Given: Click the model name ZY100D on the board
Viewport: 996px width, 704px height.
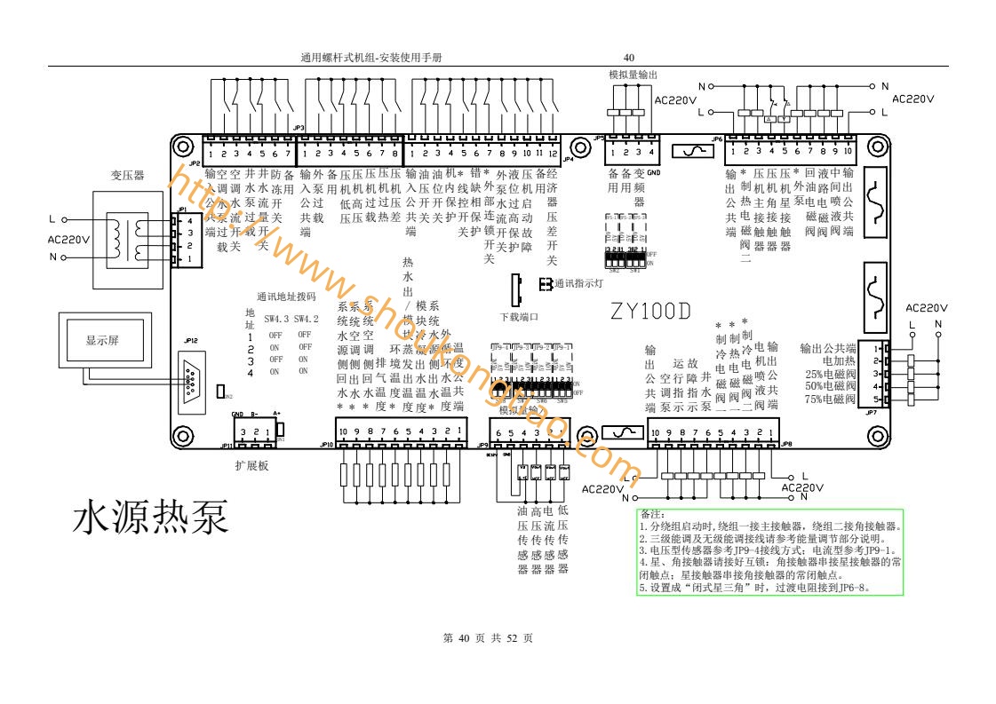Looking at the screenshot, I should coord(650,312).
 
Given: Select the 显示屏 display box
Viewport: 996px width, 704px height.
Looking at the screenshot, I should coord(102,341).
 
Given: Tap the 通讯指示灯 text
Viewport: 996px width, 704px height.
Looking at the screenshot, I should coord(579,284).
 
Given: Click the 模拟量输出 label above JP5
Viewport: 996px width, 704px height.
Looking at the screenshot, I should coord(633,75).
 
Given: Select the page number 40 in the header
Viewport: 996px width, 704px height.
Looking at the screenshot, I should coord(629,58).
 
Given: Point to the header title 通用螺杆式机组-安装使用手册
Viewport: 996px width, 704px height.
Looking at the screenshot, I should coord(372,58).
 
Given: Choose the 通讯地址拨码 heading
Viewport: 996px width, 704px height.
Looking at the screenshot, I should coord(286,297).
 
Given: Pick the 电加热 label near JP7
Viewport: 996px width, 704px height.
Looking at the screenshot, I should coord(840,361).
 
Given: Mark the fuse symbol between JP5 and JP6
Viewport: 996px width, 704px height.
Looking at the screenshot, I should coord(690,152).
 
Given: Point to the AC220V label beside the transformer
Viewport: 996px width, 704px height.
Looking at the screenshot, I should coord(67,239).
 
